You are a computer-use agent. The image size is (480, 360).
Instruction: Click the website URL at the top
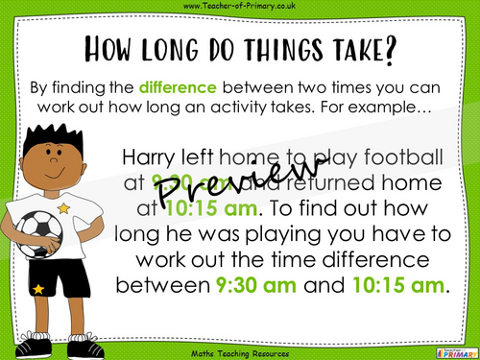[x=240, y=8]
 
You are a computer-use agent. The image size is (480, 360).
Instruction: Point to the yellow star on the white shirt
[x=64, y=207]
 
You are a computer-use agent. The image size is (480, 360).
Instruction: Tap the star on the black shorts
[x=39, y=289]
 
